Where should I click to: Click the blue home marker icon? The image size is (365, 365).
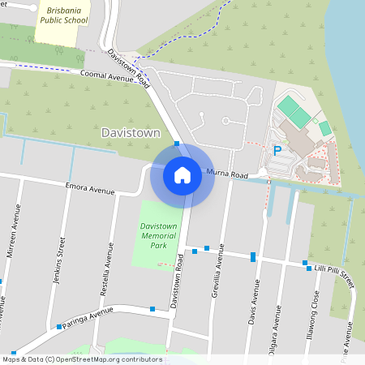pyautogui.click(x=182, y=175)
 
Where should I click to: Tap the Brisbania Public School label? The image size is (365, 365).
pyautogui.click(x=60, y=15)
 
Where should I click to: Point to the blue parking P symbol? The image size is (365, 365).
pyautogui.click(x=277, y=150)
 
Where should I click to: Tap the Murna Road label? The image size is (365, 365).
pyautogui.click(x=227, y=174)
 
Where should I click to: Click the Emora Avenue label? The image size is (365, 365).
pyautogui.click(x=91, y=189)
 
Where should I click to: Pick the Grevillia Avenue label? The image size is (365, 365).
pyautogui.click(x=219, y=273)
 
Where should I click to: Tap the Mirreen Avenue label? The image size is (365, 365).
pyautogui.click(x=14, y=231)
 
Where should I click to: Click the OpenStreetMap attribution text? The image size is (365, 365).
pyautogui.click(x=83, y=359)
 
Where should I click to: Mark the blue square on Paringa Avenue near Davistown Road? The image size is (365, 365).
pyautogui.click(x=152, y=309)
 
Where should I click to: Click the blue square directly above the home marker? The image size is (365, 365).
pyautogui.click(x=176, y=144)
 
